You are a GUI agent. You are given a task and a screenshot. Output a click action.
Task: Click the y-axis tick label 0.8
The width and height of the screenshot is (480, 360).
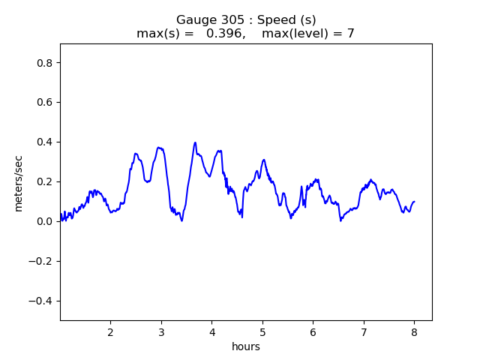[46, 62]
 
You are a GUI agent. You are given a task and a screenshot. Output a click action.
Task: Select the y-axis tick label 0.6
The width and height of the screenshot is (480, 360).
[46, 102]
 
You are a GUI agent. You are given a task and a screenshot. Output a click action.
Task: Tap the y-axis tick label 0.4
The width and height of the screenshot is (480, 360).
[46, 142]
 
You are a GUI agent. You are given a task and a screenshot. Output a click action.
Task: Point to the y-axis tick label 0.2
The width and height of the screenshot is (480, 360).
[46, 181]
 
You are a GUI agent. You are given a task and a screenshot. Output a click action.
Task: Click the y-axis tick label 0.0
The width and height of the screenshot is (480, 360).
[46, 221]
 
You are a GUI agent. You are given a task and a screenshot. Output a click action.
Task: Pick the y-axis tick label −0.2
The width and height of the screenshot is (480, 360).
[43, 261]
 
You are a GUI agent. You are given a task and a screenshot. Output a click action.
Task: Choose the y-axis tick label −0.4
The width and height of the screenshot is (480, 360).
[43, 301]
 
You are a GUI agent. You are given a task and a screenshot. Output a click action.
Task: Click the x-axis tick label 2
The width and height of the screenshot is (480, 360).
[110, 332]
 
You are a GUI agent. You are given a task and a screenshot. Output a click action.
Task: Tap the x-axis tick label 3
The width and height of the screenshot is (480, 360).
[161, 332]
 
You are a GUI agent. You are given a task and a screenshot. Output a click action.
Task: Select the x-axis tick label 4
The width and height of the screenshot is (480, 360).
[211, 332]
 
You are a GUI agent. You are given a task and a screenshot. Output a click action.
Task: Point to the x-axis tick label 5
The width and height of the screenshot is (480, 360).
[262, 332]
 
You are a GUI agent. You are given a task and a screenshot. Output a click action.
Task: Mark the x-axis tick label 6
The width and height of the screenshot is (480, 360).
[313, 332]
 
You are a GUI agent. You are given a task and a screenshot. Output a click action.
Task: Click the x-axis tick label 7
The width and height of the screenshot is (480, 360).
[364, 332]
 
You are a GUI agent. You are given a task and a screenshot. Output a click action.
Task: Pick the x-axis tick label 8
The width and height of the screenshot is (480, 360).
[414, 332]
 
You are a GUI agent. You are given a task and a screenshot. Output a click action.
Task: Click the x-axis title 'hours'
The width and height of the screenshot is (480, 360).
[245, 346]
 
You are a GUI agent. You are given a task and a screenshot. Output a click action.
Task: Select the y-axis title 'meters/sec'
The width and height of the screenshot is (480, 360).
[19, 181]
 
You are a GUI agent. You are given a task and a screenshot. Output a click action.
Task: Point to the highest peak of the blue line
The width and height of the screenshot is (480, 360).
[195, 142]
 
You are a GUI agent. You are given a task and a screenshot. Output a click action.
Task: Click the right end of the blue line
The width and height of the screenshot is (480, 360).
[414, 201]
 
